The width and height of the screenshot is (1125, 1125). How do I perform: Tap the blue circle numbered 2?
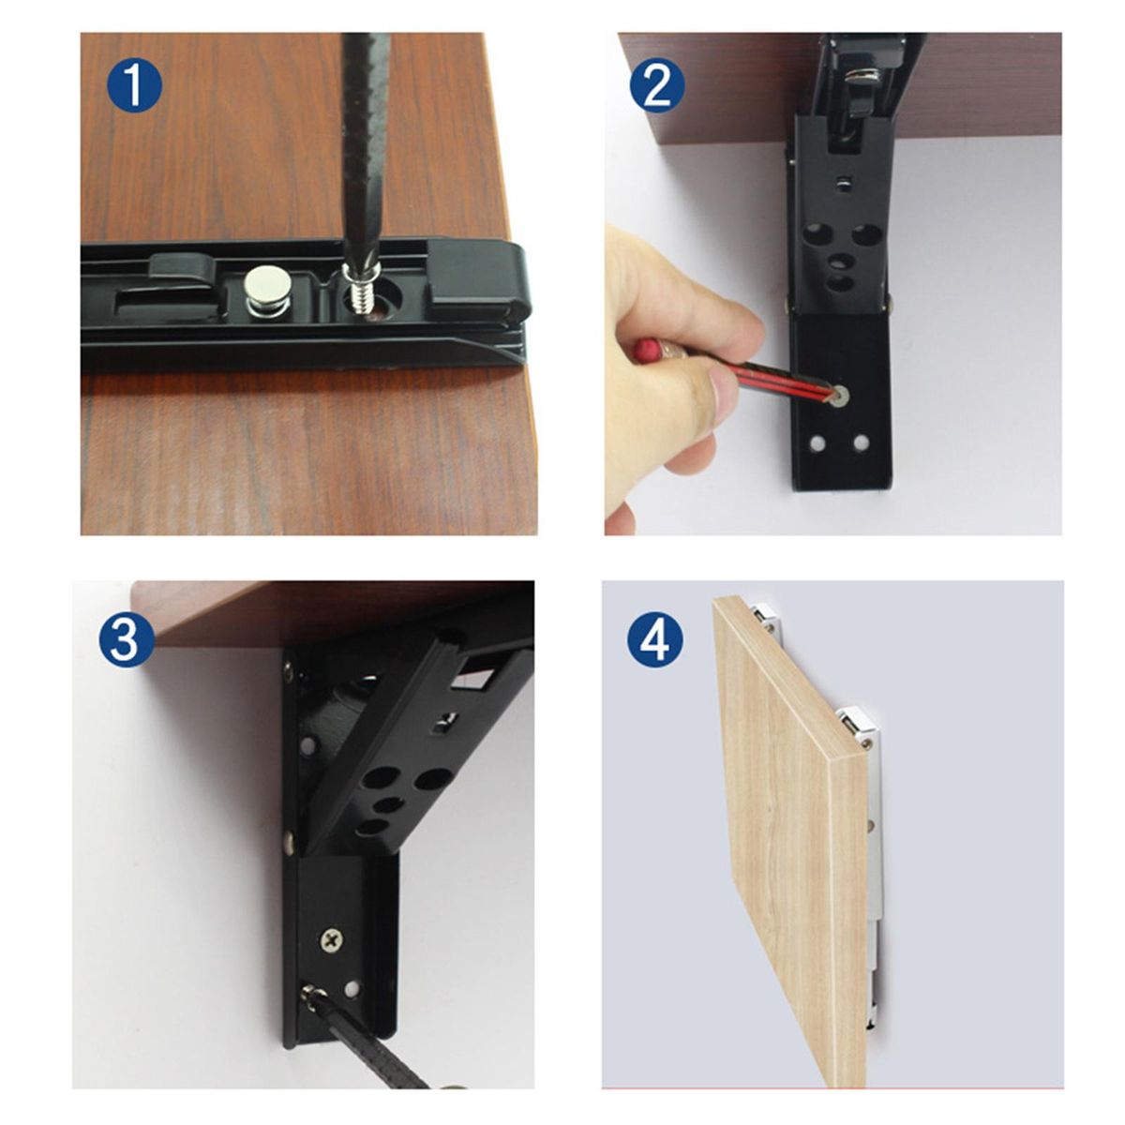click(657, 85)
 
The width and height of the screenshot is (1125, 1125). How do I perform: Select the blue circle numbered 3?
click(127, 640)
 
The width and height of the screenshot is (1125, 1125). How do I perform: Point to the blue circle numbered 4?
click(655, 640)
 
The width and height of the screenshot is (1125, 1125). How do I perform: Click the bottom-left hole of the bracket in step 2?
click(817, 444)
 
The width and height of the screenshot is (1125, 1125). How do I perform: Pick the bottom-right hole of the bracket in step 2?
click(861, 443)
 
